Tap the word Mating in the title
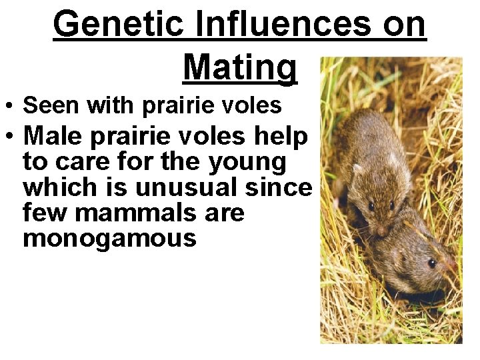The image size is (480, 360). coord(239,67)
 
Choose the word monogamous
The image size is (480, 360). coord(109,238)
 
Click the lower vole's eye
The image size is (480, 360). coord(431,263)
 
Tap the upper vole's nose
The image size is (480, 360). coord(378,231)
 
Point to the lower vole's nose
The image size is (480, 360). coord(456,267)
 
